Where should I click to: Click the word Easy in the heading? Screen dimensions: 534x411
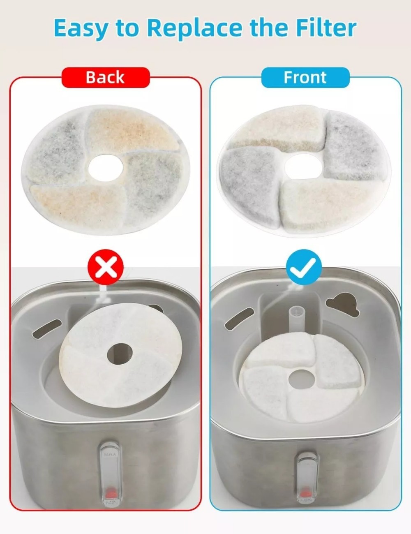81,28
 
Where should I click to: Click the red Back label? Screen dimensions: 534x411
105,77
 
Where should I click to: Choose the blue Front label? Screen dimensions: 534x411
305,77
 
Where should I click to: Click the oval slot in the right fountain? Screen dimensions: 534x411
236,319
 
